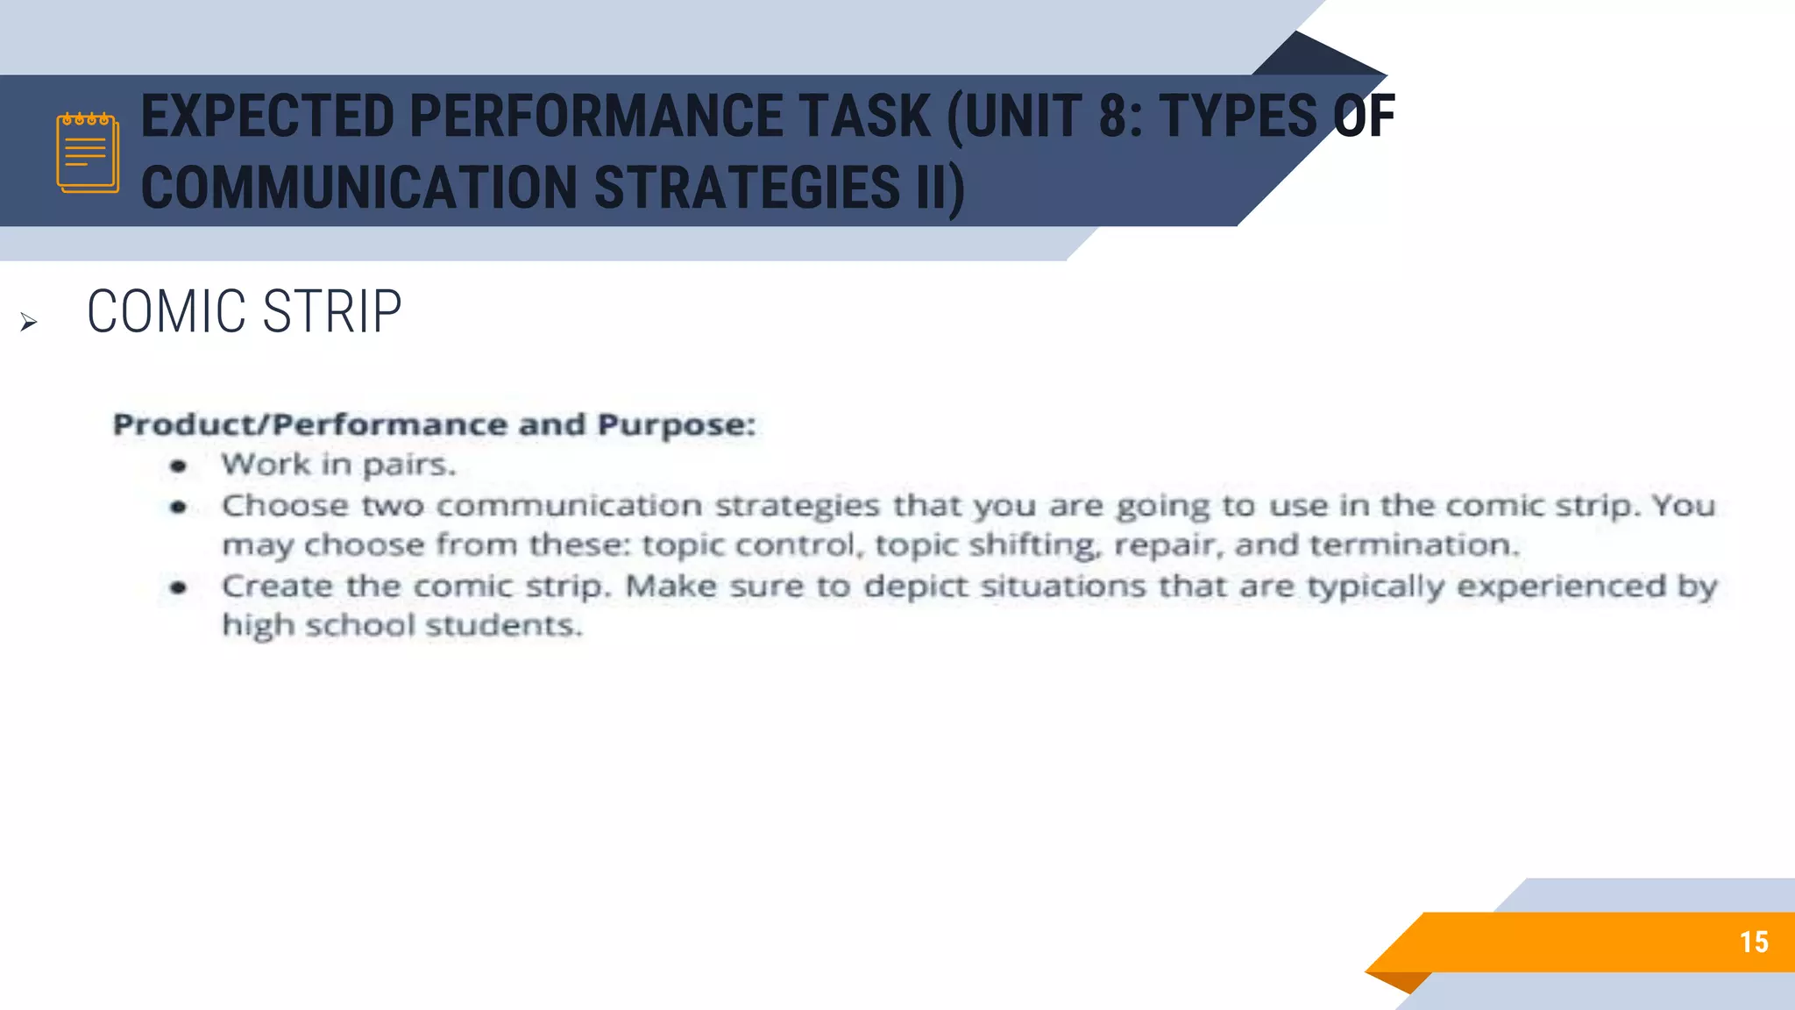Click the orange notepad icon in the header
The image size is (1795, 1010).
88,152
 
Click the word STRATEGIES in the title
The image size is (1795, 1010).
748,188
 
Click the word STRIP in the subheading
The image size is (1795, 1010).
332,312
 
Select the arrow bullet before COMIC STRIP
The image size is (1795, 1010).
29,323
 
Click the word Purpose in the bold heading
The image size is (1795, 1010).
675,425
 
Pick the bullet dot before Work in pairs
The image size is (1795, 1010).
179,466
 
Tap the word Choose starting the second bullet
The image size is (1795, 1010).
285,506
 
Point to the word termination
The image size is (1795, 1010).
1414,545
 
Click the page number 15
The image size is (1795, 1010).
1754,942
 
